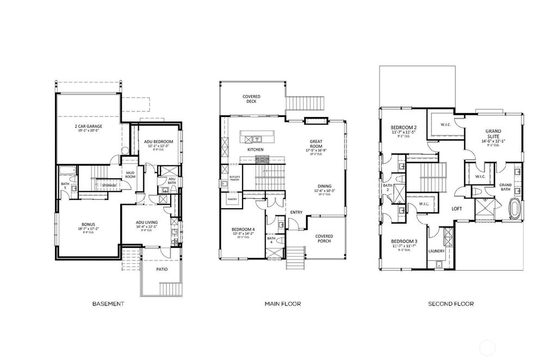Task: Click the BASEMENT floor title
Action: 108,303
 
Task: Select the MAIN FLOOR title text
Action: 283,303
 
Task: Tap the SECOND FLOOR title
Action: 450,303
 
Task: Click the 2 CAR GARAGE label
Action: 89,126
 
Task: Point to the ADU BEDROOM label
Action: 159,141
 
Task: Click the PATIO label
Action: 162,269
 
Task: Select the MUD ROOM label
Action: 130,175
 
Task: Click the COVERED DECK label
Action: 251,98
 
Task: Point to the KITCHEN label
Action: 256,149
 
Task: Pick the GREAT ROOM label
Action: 317,144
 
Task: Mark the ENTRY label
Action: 296,212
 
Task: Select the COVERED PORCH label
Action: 324,239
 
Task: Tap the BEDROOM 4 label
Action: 243,229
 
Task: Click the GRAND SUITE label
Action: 493,133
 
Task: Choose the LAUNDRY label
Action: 437,251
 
